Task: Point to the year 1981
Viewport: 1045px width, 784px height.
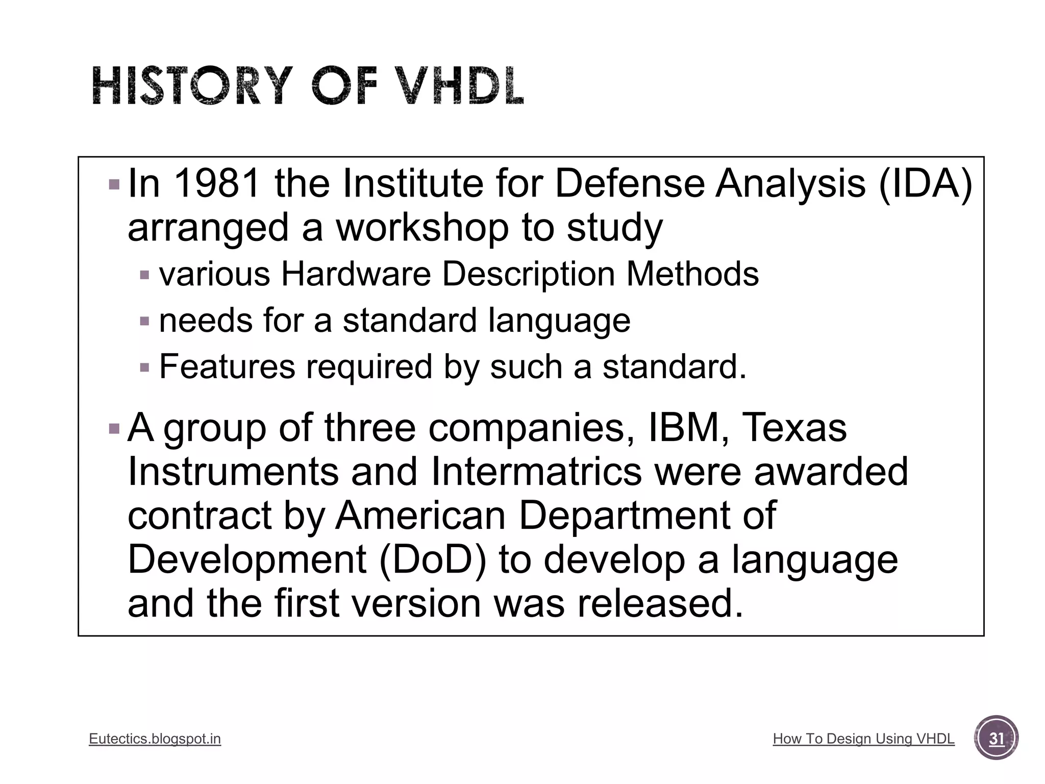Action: coord(218,183)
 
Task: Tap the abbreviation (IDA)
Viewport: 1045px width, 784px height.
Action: coord(925,183)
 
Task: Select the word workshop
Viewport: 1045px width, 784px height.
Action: coord(421,228)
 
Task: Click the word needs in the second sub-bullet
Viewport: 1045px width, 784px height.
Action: coord(206,321)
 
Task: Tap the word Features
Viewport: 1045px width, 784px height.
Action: coord(227,366)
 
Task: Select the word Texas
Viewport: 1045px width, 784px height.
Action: coord(794,427)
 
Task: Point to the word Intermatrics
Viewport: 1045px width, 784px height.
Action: coord(536,471)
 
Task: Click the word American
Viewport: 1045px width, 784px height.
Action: coord(420,516)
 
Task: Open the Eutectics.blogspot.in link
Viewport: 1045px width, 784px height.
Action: coord(155,739)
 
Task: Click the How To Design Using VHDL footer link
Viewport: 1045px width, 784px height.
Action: coord(863,739)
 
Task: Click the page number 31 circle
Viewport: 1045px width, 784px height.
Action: coord(996,738)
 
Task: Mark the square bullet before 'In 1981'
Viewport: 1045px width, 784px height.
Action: coord(114,184)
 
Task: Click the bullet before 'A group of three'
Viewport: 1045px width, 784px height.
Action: coord(114,428)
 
